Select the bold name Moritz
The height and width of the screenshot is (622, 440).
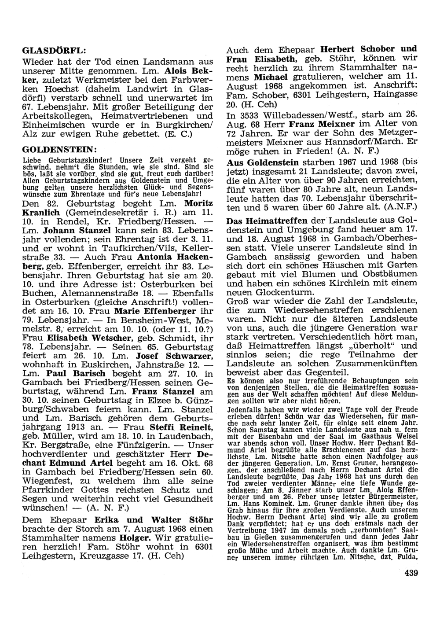[x=199, y=204]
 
